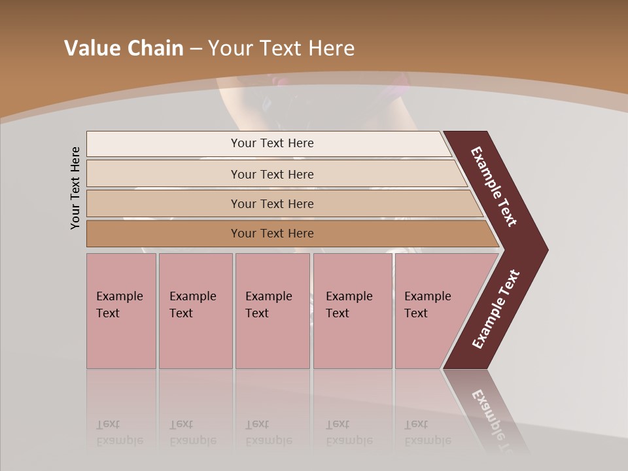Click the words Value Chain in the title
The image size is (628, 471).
click(124, 48)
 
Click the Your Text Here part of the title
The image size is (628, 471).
click(281, 48)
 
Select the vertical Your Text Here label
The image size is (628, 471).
click(75, 188)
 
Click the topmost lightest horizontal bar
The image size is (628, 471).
click(272, 143)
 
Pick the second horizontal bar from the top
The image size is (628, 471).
click(272, 174)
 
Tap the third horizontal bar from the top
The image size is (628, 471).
click(272, 203)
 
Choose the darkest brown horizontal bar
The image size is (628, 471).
click(272, 234)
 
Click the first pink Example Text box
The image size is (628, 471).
click(121, 311)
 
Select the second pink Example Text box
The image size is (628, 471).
click(195, 311)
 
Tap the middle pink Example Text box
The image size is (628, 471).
click(272, 311)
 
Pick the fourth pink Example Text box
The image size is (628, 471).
click(353, 311)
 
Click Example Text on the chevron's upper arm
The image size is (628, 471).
click(494, 186)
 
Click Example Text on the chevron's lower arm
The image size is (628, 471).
click(496, 309)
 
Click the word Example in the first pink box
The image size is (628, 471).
click(119, 296)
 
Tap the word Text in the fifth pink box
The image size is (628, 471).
click(415, 313)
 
